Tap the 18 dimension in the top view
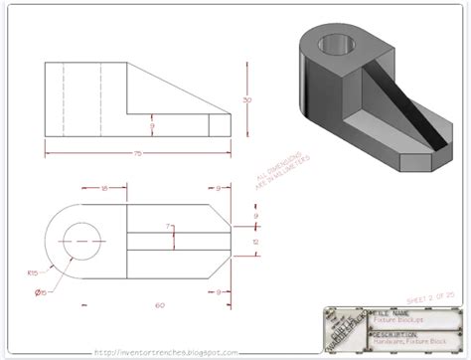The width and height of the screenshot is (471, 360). [103, 186]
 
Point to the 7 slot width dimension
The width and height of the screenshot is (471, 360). [170, 228]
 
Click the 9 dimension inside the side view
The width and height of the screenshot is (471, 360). [151, 127]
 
